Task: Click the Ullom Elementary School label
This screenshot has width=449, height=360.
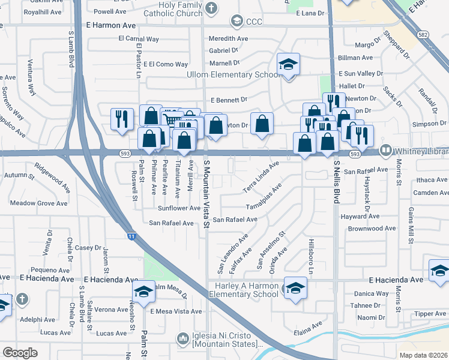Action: [234, 75]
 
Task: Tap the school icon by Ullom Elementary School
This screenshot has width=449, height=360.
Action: [288, 65]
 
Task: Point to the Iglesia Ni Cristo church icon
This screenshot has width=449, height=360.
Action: [182, 340]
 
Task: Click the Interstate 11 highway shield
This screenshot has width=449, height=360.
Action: [131, 236]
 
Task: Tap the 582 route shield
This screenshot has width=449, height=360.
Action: [424, 35]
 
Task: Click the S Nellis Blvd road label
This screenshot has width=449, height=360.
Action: [337, 183]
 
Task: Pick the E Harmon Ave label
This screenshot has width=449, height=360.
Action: [112, 25]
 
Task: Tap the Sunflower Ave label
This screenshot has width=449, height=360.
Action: [179, 208]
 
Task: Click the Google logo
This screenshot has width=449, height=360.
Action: [20, 352]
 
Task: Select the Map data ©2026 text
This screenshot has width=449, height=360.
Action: [423, 355]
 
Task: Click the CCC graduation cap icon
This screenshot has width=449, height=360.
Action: [237, 22]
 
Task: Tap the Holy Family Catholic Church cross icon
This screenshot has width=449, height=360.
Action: [211, 7]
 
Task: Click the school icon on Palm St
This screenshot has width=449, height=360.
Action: [143, 292]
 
